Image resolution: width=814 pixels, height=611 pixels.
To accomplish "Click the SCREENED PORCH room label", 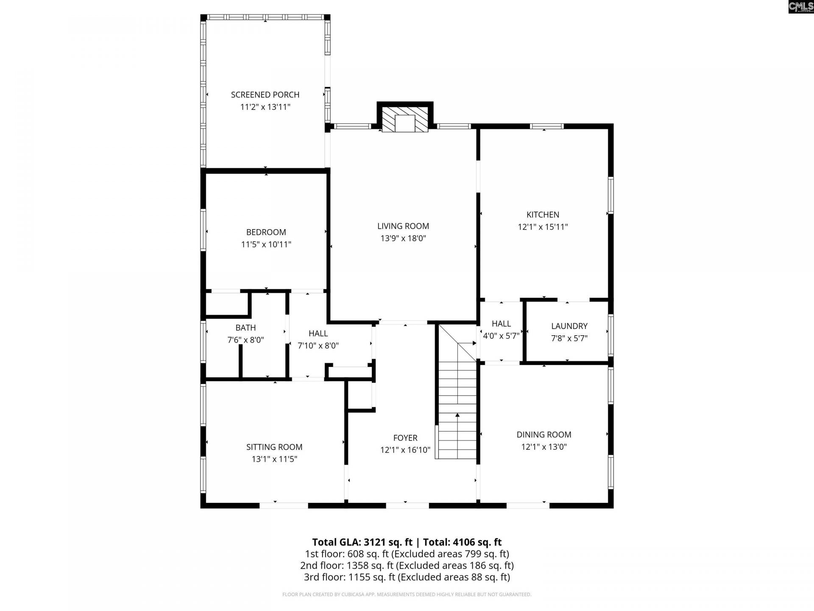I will pyautogui.click(x=265, y=95).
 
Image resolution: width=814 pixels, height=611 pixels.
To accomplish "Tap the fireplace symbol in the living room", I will pyautogui.click(x=405, y=119).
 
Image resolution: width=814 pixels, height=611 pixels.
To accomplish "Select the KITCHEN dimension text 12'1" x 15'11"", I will pyautogui.click(x=543, y=227).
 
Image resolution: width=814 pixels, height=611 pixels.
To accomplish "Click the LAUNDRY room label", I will pyautogui.click(x=569, y=326).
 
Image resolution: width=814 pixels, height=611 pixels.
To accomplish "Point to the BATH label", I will pyautogui.click(x=245, y=328).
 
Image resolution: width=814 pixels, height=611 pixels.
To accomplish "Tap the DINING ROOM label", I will pyautogui.click(x=544, y=434).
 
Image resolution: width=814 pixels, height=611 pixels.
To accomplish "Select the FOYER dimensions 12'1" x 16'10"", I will pyautogui.click(x=405, y=450).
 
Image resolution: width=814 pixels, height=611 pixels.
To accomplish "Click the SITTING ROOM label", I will pyautogui.click(x=274, y=447).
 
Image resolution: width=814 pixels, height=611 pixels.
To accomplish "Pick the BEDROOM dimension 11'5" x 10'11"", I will pyautogui.click(x=266, y=244).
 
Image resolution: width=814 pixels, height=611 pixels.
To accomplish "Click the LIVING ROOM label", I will pyautogui.click(x=403, y=226).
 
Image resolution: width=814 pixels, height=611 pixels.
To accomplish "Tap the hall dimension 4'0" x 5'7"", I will pyautogui.click(x=501, y=336).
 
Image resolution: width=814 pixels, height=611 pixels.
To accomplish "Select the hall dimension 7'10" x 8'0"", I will pyautogui.click(x=318, y=345).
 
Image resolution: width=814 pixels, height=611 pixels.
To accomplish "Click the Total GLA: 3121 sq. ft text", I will pyautogui.click(x=362, y=542).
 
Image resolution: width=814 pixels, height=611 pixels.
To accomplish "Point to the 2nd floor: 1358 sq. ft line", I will pyautogui.click(x=407, y=565).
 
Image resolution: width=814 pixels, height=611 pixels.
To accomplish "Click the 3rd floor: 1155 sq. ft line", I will pyautogui.click(x=407, y=577).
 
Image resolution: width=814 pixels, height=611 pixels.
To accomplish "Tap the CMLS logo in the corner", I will pyautogui.click(x=800, y=7).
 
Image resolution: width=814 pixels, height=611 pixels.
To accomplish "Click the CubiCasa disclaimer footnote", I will pyautogui.click(x=407, y=594).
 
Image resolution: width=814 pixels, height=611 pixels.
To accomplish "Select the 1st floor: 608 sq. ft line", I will pyautogui.click(x=407, y=554).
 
